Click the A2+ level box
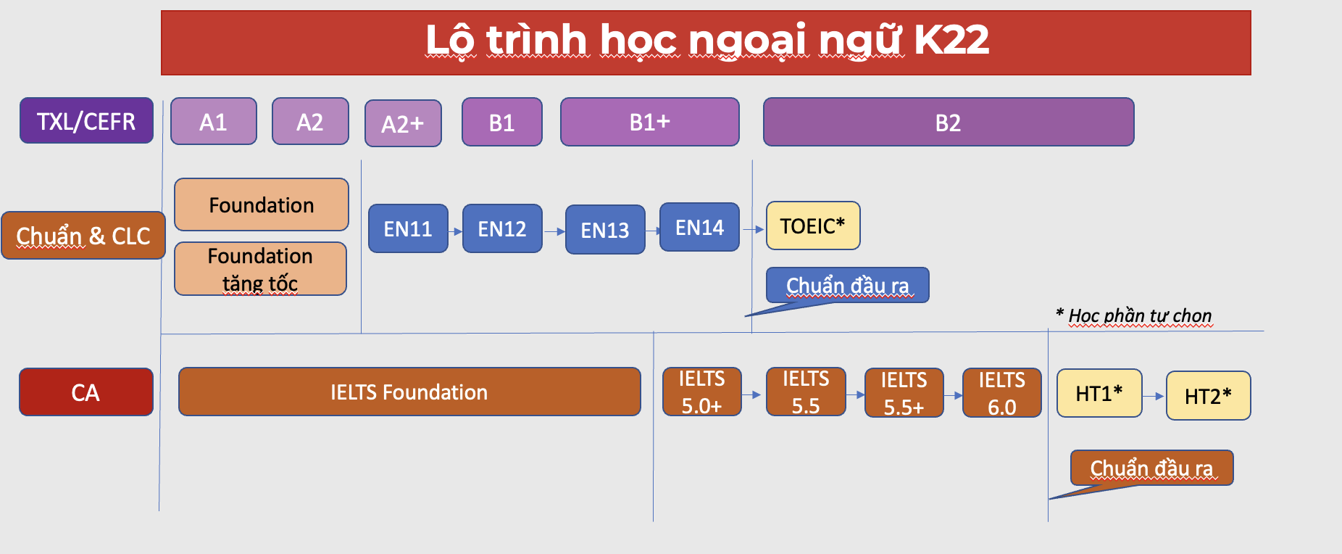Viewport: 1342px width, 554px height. pyautogui.click(x=403, y=123)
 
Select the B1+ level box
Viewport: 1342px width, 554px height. pyautogui.click(x=650, y=122)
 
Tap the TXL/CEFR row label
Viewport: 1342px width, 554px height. pyautogui.click(x=86, y=120)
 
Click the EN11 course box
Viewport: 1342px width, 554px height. pyautogui.click(x=408, y=228)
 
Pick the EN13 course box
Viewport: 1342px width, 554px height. pyautogui.click(x=605, y=230)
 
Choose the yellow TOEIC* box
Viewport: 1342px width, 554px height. pyautogui.click(x=813, y=226)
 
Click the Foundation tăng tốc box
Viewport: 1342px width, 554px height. pyautogui.click(x=260, y=269)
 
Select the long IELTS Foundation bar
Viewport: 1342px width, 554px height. pyautogui.click(x=409, y=392)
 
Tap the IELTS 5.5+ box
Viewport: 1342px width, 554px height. pyautogui.click(x=904, y=393)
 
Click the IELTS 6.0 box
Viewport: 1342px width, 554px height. pyautogui.click(x=1002, y=393)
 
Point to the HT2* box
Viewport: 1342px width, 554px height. pyautogui.click(x=1209, y=396)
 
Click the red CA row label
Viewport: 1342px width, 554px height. pyautogui.click(x=86, y=392)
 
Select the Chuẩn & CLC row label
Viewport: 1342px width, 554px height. pyautogui.click(x=83, y=235)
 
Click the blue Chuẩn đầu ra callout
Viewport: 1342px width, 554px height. pyautogui.click(x=847, y=285)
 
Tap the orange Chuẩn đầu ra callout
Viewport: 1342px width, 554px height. pyautogui.click(x=1151, y=468)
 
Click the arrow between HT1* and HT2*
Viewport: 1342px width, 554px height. pyautogui.click(x=1154, y=396)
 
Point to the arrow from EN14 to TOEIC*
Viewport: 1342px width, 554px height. pyautogui.click(x=754, y=229)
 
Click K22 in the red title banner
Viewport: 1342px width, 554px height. pyautogui.click(x=951, y=39)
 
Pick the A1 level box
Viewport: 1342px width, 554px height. pyautogui.click(x=214, y=121)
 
